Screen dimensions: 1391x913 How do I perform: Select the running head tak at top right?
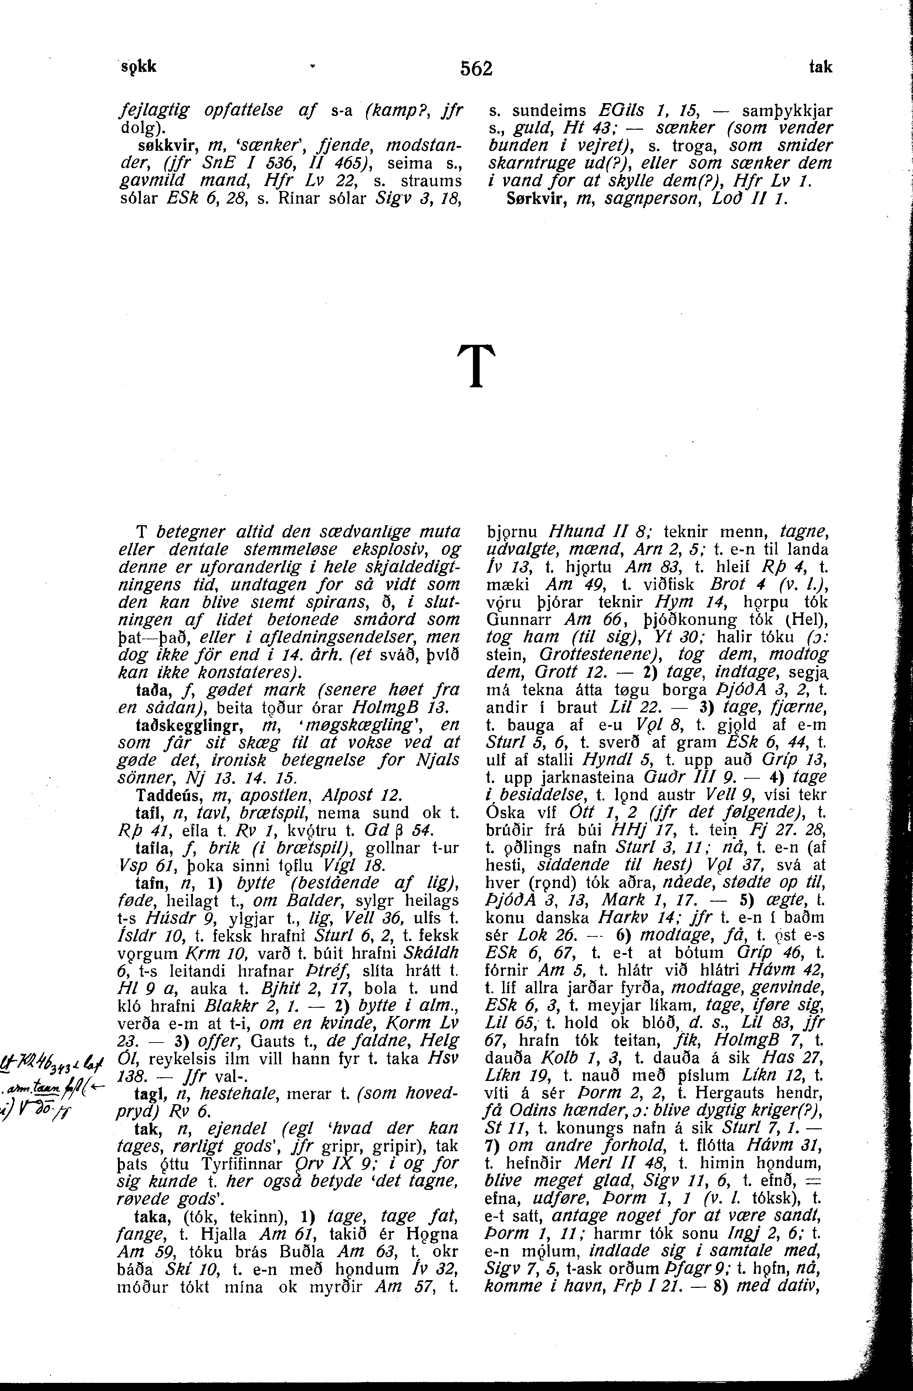tap(821, 67)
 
